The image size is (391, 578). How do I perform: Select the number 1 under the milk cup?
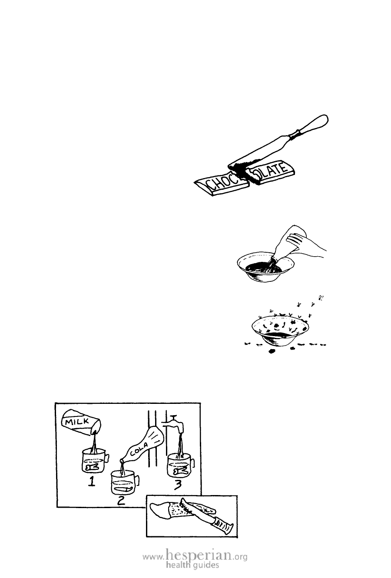(91, 480)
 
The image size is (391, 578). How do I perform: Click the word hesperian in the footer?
(198, 555)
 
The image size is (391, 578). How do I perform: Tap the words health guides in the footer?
(192, 565)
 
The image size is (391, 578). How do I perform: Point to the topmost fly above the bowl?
(321, 297)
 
